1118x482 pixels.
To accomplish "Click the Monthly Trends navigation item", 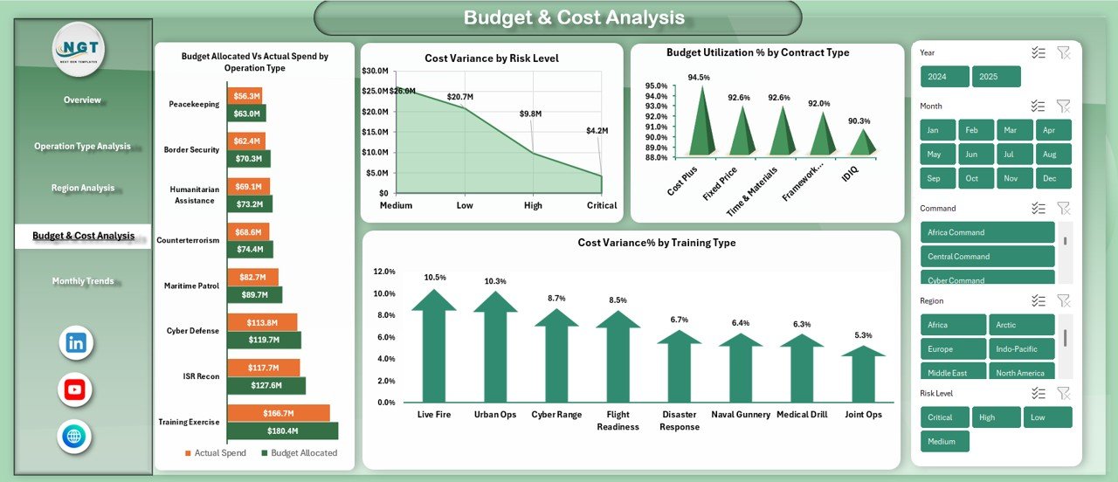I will (x=82, y=281).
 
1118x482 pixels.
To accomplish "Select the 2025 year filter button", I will (x=997, y=77).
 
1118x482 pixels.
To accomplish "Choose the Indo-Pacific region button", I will (x=1021, y=348).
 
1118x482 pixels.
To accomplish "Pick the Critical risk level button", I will (x=944, y=417).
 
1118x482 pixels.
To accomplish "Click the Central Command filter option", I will (x=987, y=257).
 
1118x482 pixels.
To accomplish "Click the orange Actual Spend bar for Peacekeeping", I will (x=245, y=96).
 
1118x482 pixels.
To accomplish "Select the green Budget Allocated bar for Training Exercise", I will (x=282, y=430).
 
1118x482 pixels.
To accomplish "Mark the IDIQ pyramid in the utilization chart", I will (x=863, y=142).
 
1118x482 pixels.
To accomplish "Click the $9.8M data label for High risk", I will (x=530, y=114).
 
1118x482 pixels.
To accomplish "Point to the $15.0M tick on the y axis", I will (x=376, y=132).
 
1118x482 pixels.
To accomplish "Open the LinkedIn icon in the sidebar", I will (x=76, y=343).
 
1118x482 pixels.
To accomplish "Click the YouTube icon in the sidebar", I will (x=75, y=389).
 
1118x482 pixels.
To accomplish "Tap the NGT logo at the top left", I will (x=79, y=50).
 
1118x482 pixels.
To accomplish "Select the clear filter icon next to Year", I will (x=1063, y=53).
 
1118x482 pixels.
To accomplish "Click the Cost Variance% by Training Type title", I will (x=656, y=243).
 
